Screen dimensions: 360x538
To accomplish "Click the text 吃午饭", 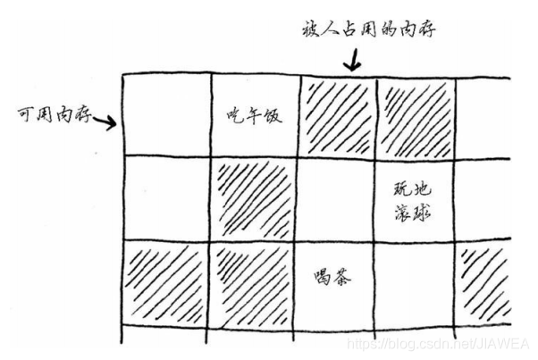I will click(254, 115).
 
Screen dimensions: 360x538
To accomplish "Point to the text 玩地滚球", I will click(412, 198).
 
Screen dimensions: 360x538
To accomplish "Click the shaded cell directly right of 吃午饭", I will click(337, 115).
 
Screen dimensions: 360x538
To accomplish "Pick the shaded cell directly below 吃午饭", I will click(254, 197).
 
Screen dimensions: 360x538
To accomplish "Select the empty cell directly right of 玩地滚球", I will click(487, 197).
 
